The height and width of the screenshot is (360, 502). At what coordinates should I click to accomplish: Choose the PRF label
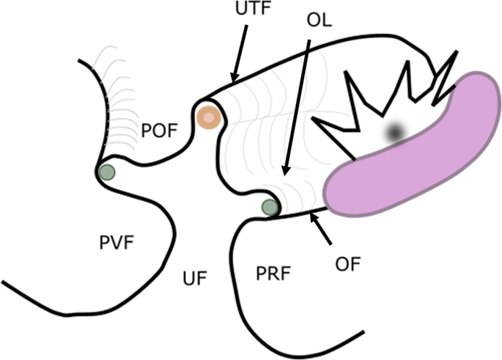point(273,274)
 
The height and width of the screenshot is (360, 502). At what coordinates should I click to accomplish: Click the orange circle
point(209,117)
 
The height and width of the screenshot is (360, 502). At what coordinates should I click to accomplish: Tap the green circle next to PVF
point(107,173)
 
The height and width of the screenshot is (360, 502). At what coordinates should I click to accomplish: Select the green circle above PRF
point(270,207)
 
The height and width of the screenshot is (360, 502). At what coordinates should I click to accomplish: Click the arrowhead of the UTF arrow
point(233,79)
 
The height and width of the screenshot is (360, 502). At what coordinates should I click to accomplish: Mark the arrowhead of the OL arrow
point(285,174)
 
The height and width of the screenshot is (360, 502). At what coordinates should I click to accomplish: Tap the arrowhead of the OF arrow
point(313,215)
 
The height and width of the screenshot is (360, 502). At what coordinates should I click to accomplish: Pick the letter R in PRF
point(273,274)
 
